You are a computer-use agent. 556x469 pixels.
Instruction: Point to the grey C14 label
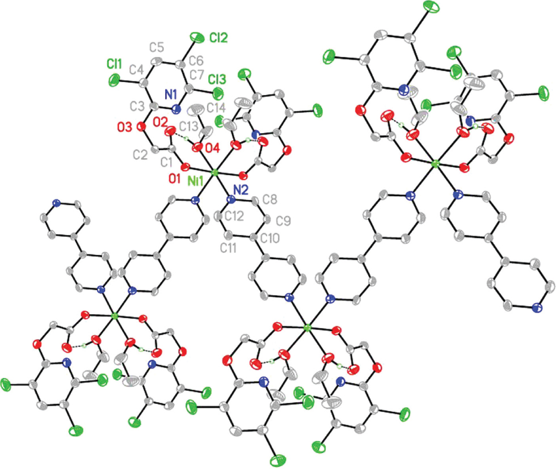(x=218, y=105)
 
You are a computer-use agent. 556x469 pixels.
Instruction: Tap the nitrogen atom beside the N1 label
(x=175, y=107)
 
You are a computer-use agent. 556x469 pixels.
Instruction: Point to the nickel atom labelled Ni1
(x=214, y=172)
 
